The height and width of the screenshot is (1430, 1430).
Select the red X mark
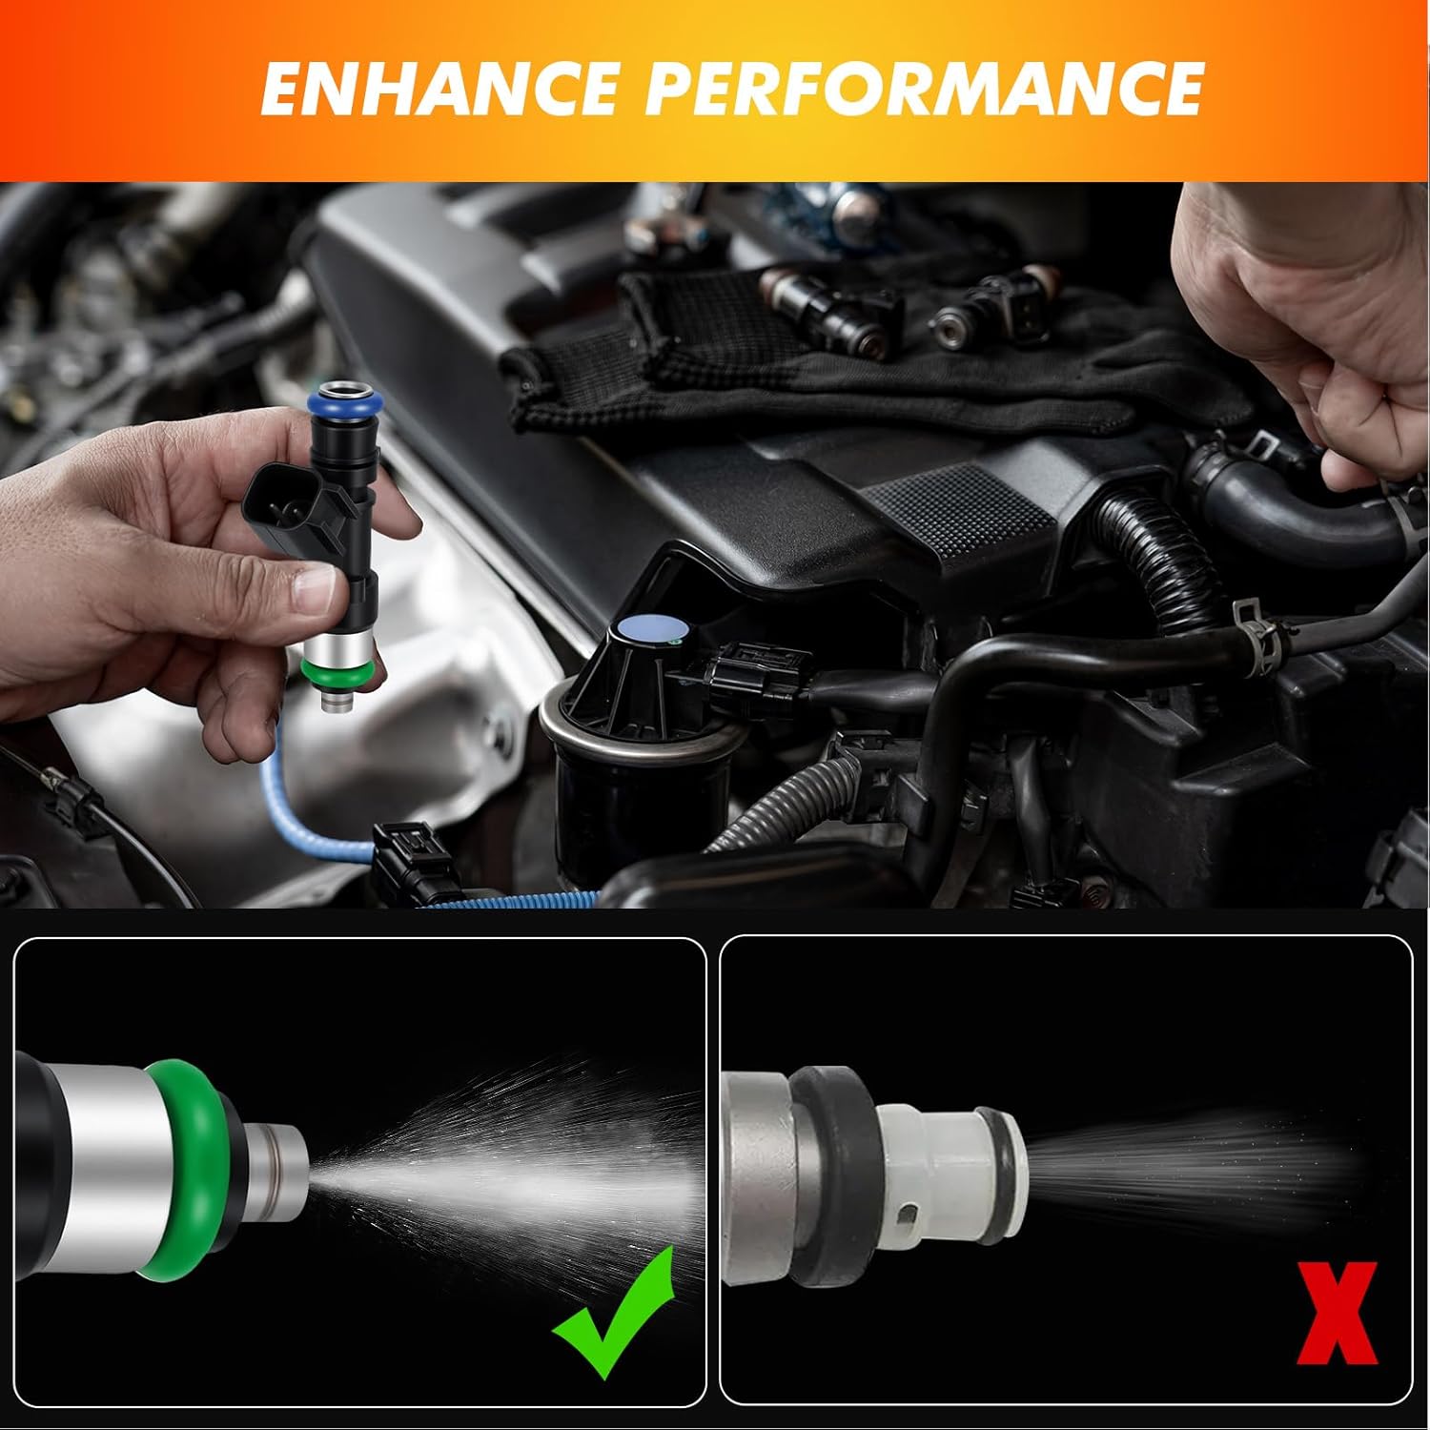point(1336,1313)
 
